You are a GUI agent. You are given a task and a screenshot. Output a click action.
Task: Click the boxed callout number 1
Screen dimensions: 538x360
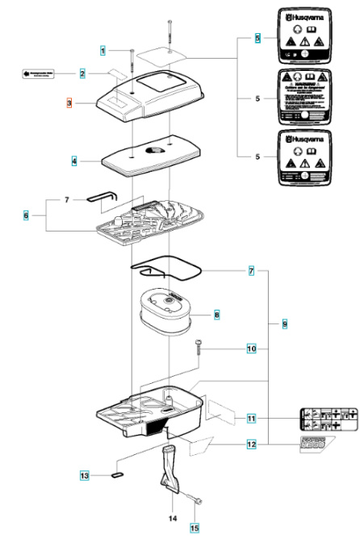click(x=103, y=51)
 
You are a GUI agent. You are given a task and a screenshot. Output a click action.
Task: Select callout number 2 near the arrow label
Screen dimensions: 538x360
click(x=82, y=74)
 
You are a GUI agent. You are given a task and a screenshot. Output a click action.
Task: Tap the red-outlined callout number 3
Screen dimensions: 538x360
click(x=70, y=104)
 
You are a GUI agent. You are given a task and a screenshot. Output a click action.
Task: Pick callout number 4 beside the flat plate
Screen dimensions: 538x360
click(x=74, y=161)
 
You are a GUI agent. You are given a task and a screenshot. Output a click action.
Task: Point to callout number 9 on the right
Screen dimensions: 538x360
click(x=284, y=323)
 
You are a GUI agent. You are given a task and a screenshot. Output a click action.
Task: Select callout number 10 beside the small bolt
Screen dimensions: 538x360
click(x=251, y=349)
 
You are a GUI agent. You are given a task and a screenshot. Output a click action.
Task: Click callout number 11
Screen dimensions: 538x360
click(x=251, y=419)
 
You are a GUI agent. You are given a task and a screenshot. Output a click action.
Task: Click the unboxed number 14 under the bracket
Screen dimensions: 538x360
click(x=172, y=518)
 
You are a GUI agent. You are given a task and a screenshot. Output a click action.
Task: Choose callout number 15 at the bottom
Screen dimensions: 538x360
click(x=193, y=528)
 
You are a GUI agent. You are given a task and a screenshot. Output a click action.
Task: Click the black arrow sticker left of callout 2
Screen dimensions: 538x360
click(x=36, y=74)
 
